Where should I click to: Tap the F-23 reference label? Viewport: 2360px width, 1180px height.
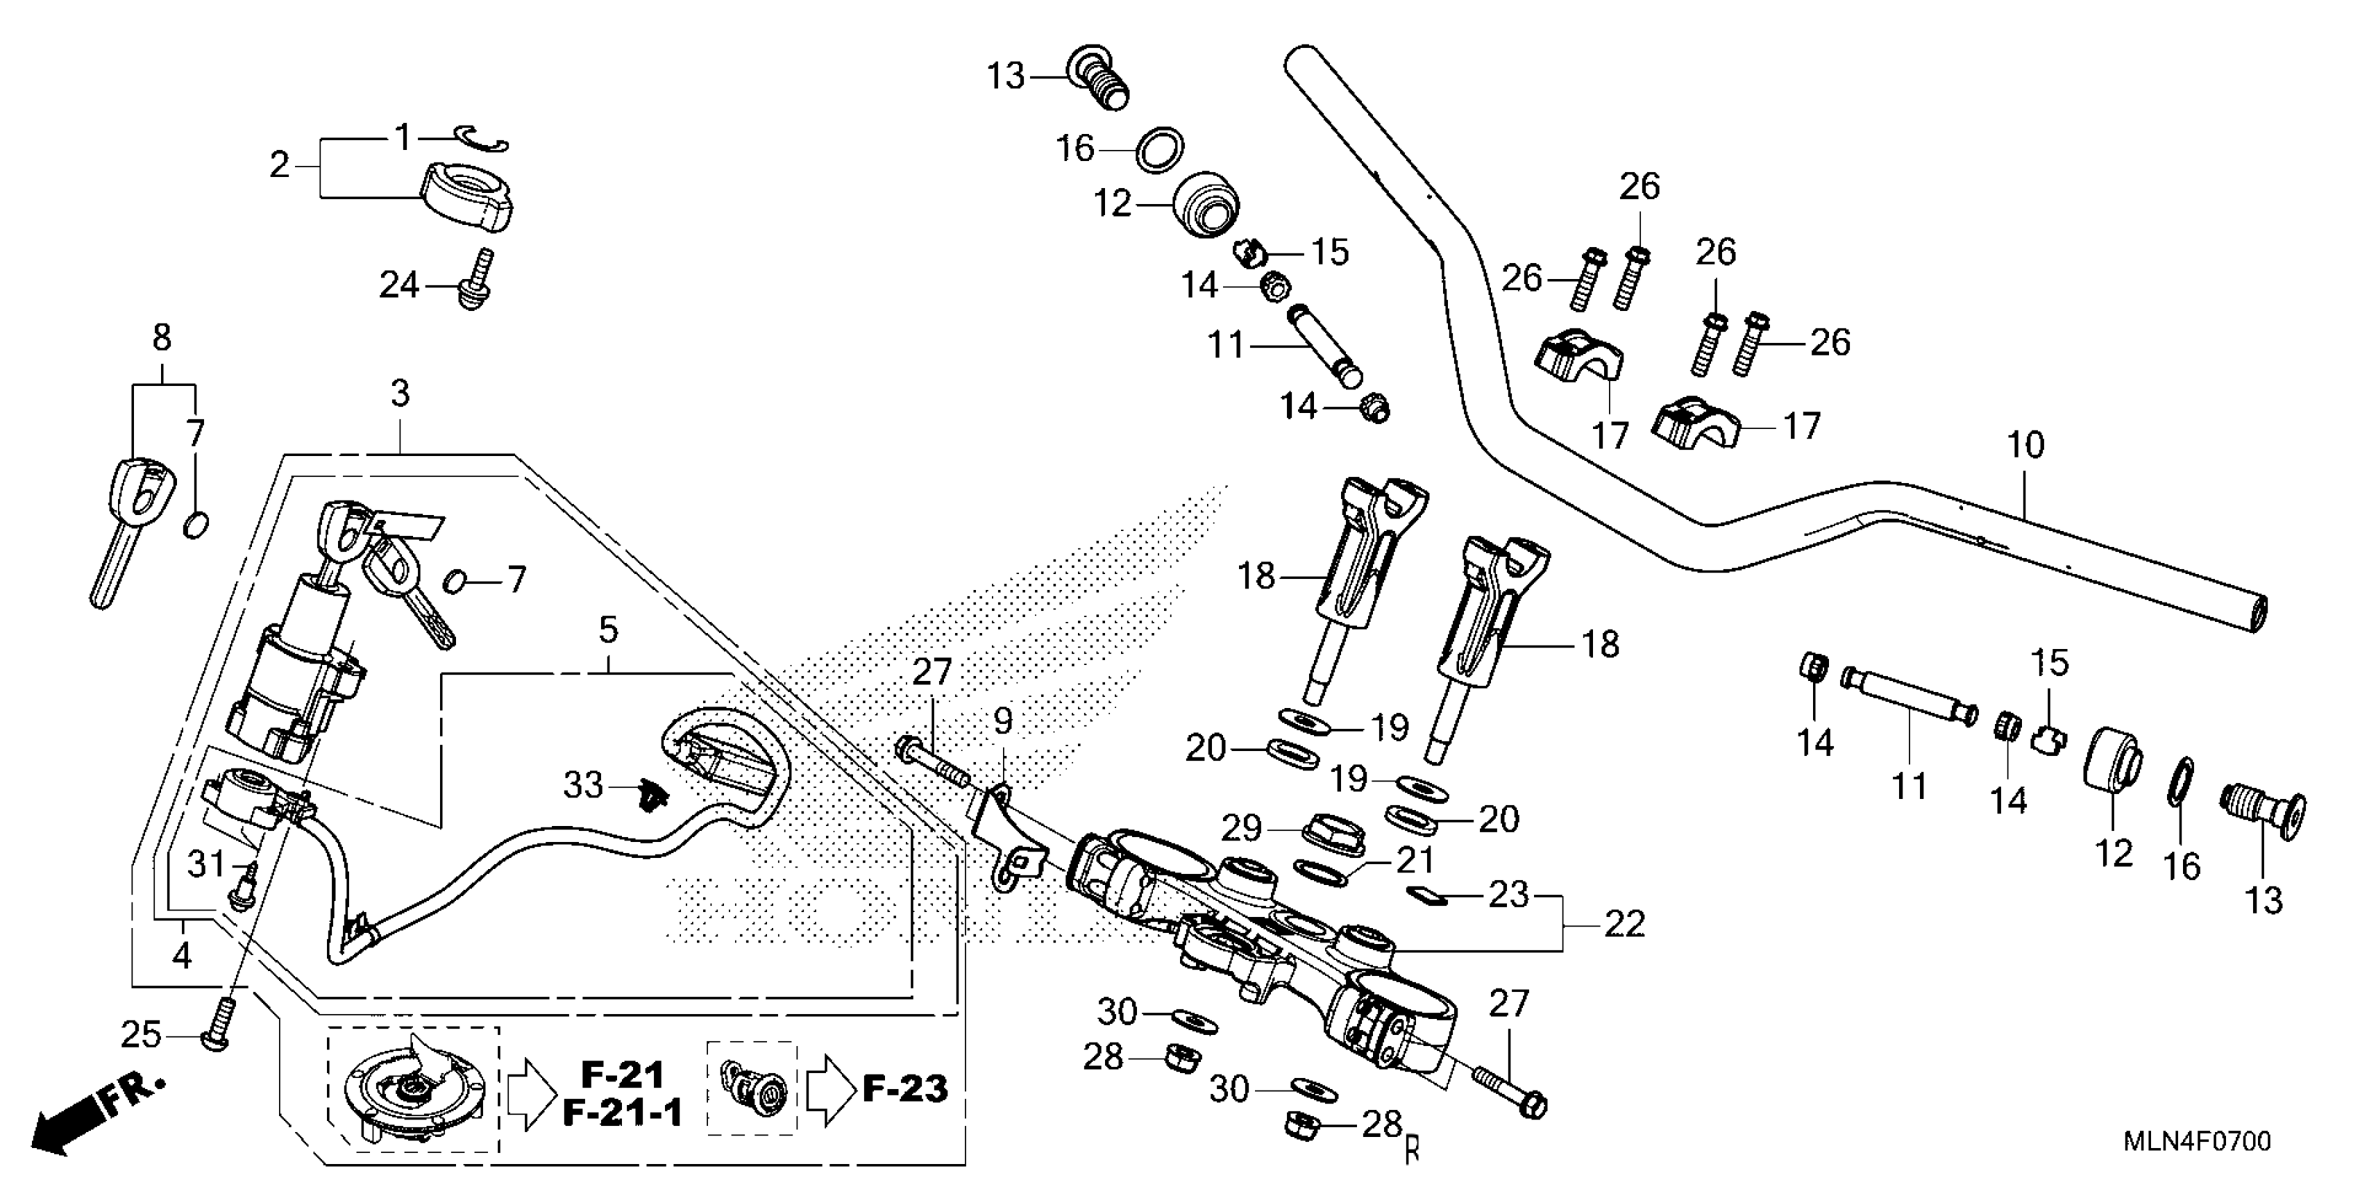pyautogui.click(x=905, y=1088)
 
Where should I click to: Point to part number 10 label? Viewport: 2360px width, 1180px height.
pyautogui.click(x=2025, y=446)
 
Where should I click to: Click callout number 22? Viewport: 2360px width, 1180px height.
pyautogui.click(x=1624, y=925)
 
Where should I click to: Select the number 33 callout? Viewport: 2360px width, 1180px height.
pyautogui.click(x=582, y=785)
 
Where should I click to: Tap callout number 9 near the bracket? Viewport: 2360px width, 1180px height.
pyautogui.click(x=1003, y=722)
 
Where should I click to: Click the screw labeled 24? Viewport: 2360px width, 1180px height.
pyautogui.click(x=476, y=280)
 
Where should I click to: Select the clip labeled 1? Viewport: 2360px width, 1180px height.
pyautogui.click(x=484, y=137)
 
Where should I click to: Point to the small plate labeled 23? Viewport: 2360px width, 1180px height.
pyautogui.click(x=1426, y=894)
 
